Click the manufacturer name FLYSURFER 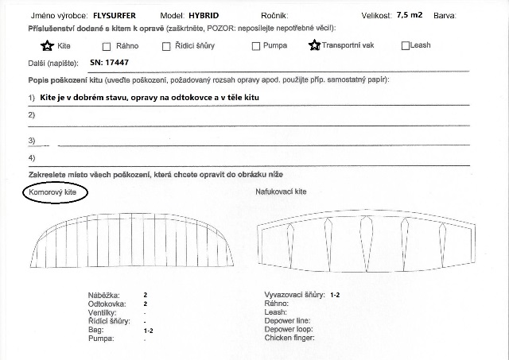[119, 15]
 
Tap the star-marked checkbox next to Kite [47, 45]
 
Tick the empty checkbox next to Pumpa [256, 46]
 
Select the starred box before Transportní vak [315, 45]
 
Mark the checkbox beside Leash [406, 46]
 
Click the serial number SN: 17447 [110, 60]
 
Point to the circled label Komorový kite [55, 192]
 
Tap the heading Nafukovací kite [281, 192]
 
